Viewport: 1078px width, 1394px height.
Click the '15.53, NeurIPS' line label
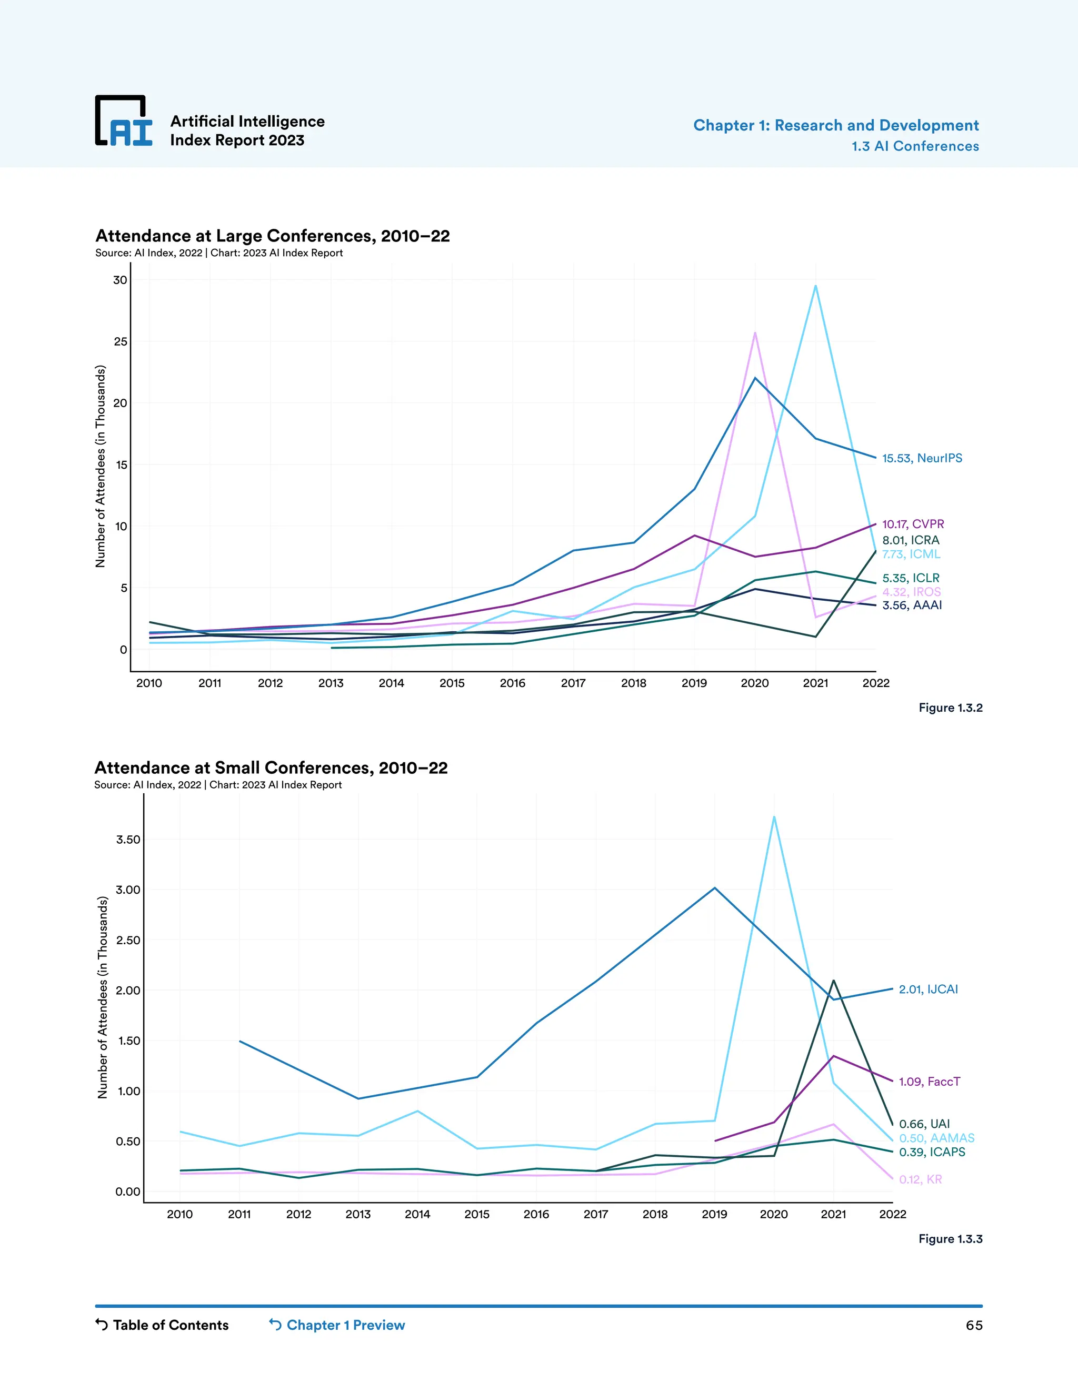pyautogui.click(x=922, y=458)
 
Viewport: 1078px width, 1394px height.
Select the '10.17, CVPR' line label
pyautogui.click(x=913, y=524)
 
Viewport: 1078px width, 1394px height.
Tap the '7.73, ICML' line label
pyautogui.click(x=911, y=554)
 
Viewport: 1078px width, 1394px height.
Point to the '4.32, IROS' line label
pyautogui.click(x=911, y=592)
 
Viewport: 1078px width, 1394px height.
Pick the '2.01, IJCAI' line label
pyautogui.click(x=928, y=989)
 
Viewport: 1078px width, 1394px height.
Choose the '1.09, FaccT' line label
pyautogui.click(x=929, y=1081)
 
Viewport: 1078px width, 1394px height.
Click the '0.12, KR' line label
pyautogui.click(x=920, y=1179)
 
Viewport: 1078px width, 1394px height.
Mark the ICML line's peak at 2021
pyautogui.click(x=815, y=286)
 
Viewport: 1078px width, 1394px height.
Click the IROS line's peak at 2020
pyautogui.click(x=755, y=332)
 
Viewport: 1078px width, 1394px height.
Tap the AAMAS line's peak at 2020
pyautogui.click(x=774, y=817)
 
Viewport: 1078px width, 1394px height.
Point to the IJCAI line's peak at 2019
pyautogui.click(x=715, y=888)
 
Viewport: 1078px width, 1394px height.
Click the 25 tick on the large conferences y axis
pyautogui.click(x=121, y=341)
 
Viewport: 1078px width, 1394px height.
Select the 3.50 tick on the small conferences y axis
pyautogui.click(x=128, y=840)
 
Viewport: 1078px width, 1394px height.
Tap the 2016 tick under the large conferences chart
pyautogui.click(x=512, y=683)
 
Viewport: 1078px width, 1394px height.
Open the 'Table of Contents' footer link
pyautogui.click(x=162, y=1325)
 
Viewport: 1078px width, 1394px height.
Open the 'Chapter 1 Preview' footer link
pyautogui.click(x=337, y=1325)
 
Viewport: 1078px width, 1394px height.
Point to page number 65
pyautogui.click(x=973, y=1326)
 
